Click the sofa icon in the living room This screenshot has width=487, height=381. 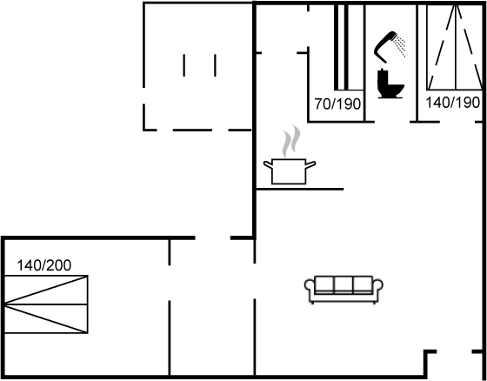point(344,290)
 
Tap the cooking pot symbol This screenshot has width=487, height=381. point(289,171)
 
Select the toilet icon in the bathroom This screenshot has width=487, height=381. point(390,84)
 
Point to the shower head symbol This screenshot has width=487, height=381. point(385,47)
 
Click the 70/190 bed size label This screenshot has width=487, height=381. point(337,104)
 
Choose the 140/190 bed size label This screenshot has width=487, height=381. point(452,103)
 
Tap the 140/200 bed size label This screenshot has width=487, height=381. point(43,265)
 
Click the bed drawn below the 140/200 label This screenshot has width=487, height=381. point(46,304)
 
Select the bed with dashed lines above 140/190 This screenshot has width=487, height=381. point(455,47)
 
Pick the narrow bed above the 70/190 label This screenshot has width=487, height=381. point(349,47)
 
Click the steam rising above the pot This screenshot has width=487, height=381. point(290,142)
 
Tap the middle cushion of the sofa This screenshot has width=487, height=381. point(344,284)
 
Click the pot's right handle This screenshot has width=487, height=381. point(310,164)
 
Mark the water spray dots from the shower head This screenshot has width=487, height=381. point(400,46)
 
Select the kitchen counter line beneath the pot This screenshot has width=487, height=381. point(300,189)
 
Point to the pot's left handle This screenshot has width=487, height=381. point(269,164)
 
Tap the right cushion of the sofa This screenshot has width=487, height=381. point(363,284)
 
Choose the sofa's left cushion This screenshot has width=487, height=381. point(324,284)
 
